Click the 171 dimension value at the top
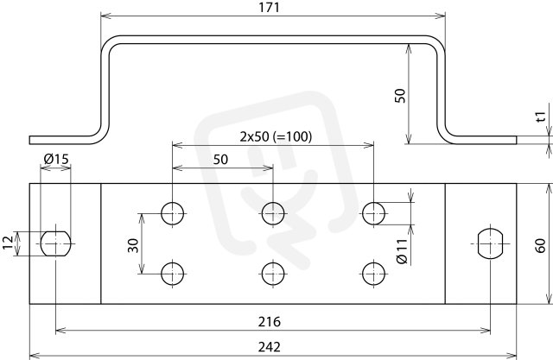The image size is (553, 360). pyautogui.click(x=269, y=7)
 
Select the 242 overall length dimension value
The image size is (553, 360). pyautogui.click(x=269, y=347)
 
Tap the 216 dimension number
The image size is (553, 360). pyautogui.click(x=269, y=322)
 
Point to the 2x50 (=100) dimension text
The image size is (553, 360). pyautogui.click(x=276, y=136)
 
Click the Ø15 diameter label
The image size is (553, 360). pyautogui.click(x=56, y=159)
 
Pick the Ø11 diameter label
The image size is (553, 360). pyautogui.click(x=402, y=251)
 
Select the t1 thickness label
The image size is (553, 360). pyautogui.click(x=540, y=117)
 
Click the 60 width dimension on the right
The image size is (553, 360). pyautogui.click(x=540, y=245)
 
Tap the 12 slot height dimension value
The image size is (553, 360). pyautogui.click(x=8, y=243)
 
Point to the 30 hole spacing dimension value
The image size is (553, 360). pyautogui.click(x=133, y=245)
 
